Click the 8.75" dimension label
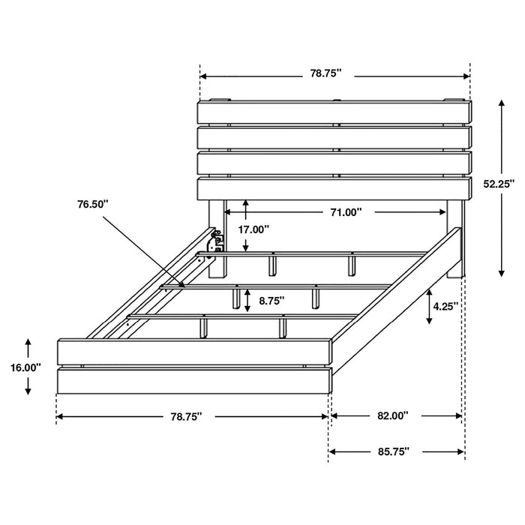[271, 301]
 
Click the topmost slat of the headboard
[334, 112]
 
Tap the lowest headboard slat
[334, 188]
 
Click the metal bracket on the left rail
[217, 241]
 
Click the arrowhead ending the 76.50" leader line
[182, 283]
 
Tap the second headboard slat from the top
[334, 137]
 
